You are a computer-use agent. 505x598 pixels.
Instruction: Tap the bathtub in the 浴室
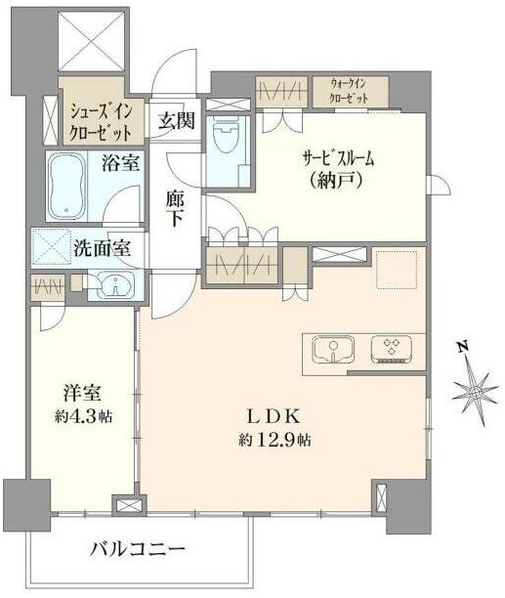pyautogui.click(x=67, y=187)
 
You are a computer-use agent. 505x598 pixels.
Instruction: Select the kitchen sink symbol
pyautogui.click(x=333, y=350)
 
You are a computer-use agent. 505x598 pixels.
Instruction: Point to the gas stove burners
pyautogui.click(x=391, y=350)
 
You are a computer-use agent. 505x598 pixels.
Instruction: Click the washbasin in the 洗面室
pyautogui.click(x=115, y=285)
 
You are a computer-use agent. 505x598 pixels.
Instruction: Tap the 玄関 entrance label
pyautogui.click(x=177, y=121)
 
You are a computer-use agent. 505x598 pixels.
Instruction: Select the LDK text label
pyautogui.click(x=274, y=416)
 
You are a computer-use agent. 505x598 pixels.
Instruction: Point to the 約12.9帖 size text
pyautogui.click(x=274, y=440)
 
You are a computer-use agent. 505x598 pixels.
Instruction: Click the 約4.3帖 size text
pyautogui.click(x=83, y=416)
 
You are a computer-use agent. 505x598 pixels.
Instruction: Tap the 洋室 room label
pyautogui.click(x=82, y=393)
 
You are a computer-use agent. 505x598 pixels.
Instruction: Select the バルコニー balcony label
pyautogui.click(x=138, y=549)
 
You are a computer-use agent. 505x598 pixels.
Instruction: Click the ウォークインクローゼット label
pyautogui.click(x=349, y=91)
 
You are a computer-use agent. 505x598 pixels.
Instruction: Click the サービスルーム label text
pyautogui.click(x=339, y=158)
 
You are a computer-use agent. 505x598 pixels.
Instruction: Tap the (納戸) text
pyautogui.click(x=336, y=180)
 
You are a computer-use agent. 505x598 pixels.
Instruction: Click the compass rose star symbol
pyautogui.click(x=476, y=393)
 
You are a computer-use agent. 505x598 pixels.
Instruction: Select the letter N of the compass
pyautogui.click(x=463, y=346)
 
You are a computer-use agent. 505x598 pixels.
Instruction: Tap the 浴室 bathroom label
pyautogui.click(x=120, y=163)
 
